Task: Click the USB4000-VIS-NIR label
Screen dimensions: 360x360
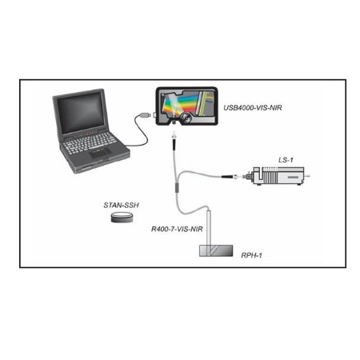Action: tap(253, 108)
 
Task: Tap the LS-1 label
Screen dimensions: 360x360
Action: tap(286, 160)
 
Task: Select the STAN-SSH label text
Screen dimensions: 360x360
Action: tap(121, 205)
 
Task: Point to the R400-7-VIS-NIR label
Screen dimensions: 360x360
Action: tap(177, 229)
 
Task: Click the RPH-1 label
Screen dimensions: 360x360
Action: tap(251, 255)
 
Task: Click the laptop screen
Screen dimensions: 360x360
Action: tap(80, 113)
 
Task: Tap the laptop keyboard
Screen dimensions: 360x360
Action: tap(90, 143)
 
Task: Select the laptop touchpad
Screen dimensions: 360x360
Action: tap(100, 153)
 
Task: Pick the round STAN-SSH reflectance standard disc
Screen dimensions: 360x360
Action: tap(122, 217)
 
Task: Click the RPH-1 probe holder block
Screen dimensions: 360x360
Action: tap(216, 250)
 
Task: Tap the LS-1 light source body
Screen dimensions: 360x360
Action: tap(278, 176)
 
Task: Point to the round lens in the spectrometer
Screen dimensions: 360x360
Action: tap(186, 118)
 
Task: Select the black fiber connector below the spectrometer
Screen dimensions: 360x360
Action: tap(174, 142)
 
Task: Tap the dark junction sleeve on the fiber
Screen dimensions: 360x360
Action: tap(176, 187)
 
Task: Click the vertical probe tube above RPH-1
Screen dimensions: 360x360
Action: tap(209, 227)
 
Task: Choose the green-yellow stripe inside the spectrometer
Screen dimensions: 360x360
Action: tap(205, 102)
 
